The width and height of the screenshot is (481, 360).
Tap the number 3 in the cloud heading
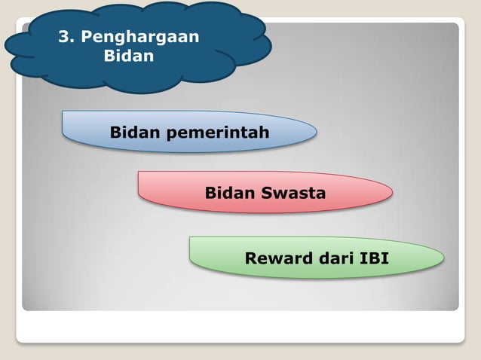coord(63,36)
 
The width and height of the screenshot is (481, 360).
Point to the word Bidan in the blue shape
coord(136,133)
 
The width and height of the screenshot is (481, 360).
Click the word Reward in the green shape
coord(277,259)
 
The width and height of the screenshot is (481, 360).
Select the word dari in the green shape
coord(335,259)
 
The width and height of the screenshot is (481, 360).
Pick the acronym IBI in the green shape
coord(374,259)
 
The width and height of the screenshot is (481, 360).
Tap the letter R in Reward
coord(251,259)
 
